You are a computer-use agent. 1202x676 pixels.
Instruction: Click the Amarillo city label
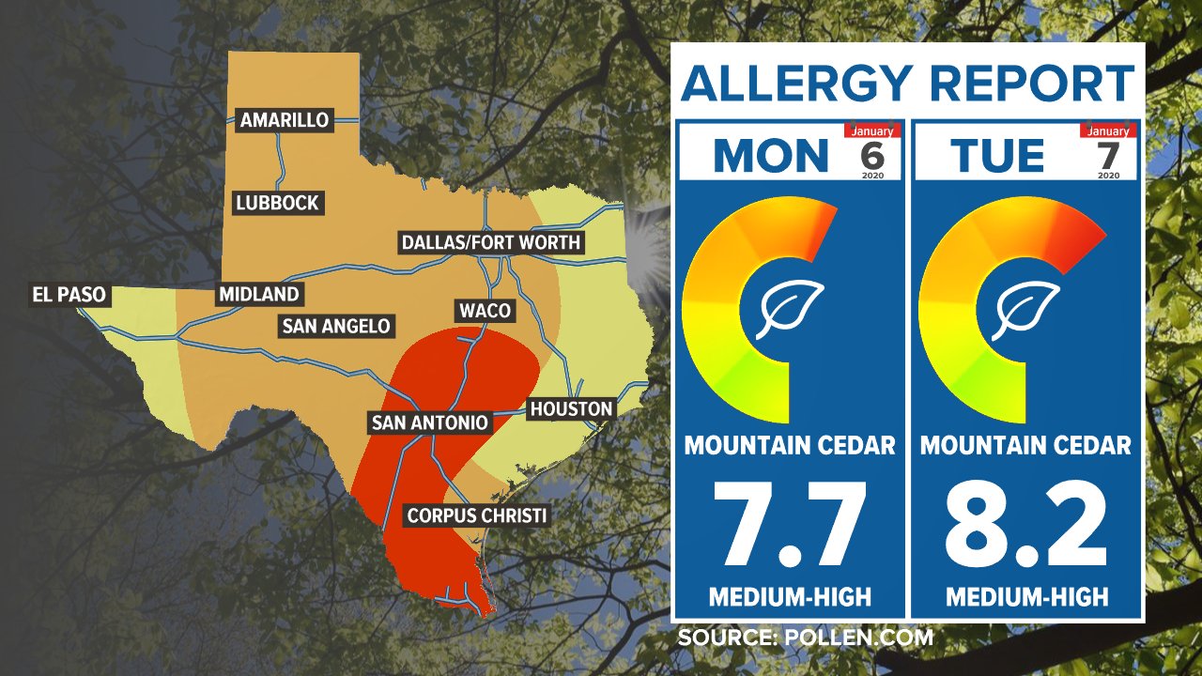click(x=285, y=120)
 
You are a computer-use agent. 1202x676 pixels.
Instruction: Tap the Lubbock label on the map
click(x=278, y=203)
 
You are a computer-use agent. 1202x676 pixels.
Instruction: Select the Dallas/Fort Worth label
click(x=491, y=243)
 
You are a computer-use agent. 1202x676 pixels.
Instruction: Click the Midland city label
click(x=258, y=295)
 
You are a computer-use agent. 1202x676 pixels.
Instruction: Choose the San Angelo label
click(x=335, y=327)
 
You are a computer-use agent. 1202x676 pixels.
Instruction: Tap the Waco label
click(x=485, y=311)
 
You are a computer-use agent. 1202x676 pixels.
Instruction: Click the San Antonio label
click(x=429, y=422)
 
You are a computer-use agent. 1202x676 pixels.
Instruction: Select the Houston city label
click(x=571, y=409)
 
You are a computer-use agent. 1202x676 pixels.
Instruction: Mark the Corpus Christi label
click(x=476, y=515)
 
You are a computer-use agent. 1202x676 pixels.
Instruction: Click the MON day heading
click(x=772, y=156)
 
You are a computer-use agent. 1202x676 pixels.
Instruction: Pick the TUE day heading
click(x=997, y=156)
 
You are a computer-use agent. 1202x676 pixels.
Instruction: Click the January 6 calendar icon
click(x=872, y=151)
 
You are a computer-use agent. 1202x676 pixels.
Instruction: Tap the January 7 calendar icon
click(x=1108, y=151)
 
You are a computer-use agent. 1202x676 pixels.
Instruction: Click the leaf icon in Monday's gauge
click(x=790, y=309)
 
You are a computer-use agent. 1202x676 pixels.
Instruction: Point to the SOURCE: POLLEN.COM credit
click(x=806, y=638)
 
